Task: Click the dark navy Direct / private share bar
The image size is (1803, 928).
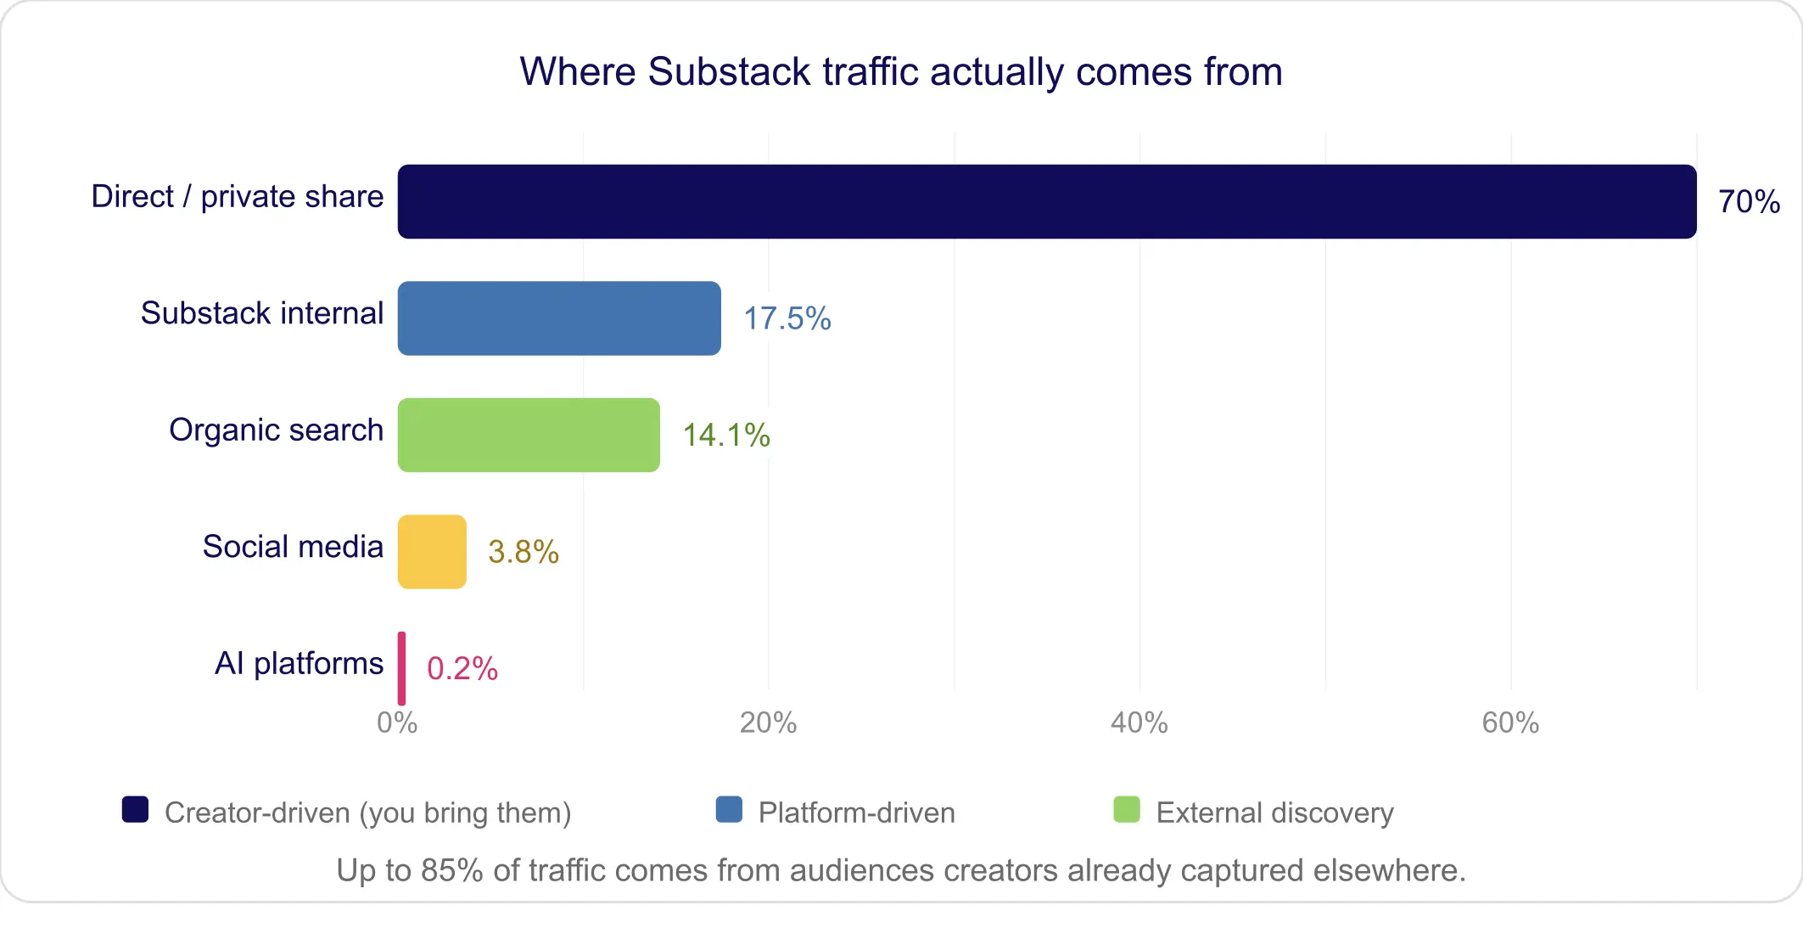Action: (1046, 201)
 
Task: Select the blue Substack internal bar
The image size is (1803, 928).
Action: (559, 318)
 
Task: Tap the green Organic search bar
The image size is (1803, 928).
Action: (529, 435)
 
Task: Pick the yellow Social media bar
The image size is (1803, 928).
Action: (432, 552)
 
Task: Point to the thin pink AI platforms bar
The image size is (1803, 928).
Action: (401, 668)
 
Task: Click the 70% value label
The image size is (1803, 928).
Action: (1749, 202)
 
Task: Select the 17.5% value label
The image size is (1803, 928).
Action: (787, 319)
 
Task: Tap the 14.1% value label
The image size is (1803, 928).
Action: (726, 436)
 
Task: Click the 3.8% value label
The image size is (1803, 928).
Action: (523, 553)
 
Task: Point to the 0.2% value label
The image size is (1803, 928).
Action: (462, 669)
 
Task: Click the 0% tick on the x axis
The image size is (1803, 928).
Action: (397, 723)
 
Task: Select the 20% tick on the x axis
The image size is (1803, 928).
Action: (768, 723)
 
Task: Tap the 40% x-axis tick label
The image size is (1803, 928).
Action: (1139, 723)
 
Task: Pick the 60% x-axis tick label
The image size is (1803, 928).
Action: (1510, 723)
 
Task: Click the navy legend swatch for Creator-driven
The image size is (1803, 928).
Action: (135, 810)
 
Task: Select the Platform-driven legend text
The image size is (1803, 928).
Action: (856, 813)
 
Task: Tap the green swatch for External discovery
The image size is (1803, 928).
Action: (1126, 810)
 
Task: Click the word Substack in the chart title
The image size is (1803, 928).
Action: (729, 72)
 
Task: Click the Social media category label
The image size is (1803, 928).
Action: (293, 547)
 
